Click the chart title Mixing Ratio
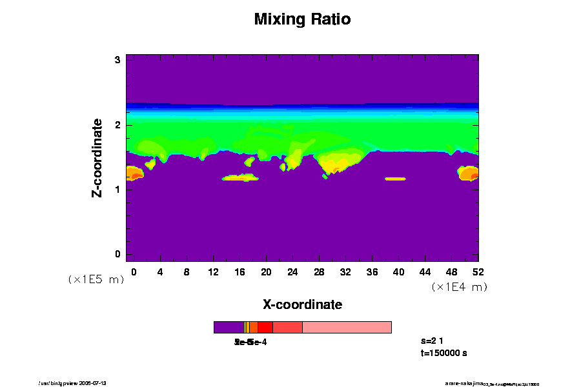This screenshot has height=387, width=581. click(302, 19)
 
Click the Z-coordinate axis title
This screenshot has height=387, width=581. click(97, 157)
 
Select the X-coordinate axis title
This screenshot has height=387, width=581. click(302, 304)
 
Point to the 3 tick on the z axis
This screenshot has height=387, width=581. click(118, 60)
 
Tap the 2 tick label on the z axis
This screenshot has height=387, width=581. click(118, 124)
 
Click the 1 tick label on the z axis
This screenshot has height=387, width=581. click(118, 189)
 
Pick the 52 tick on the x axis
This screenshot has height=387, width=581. click(478, 272)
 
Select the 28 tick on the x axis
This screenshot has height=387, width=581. click(319, 272)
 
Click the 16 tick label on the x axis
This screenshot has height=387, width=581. click(240, 272)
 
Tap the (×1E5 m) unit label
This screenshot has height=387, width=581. click(96, 279)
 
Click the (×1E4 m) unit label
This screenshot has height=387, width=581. click(459, 287)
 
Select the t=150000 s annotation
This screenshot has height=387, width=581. click(443, 353)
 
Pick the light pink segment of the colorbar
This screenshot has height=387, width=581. click(347, 327)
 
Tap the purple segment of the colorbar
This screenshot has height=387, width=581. click(228, 327)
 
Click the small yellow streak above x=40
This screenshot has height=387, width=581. click(395, 178)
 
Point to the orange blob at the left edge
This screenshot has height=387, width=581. click(134, 173)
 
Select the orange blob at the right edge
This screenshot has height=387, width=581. click(469, 173)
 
